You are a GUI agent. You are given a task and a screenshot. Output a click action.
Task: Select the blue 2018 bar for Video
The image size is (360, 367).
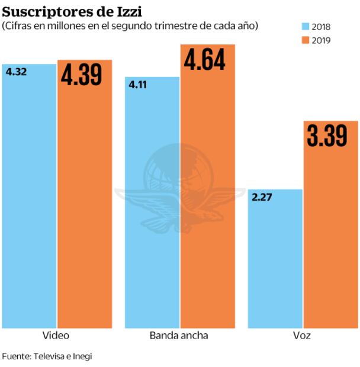pyautogui.click(x=28, y=201)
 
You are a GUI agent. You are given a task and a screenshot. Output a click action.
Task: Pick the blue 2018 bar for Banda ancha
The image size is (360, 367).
pyautogui.click(x=152, y=207)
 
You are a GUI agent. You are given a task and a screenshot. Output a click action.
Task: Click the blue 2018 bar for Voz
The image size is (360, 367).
pyautogui.click(x=275, y=260)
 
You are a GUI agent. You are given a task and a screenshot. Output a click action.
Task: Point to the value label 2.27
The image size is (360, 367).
pyautogui.click(x=262, y=197)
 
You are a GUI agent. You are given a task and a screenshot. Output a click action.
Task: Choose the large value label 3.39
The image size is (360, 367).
pyautogui.click(x=327, y=136)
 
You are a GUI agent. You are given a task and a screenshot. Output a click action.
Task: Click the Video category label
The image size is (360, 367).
pyautogui.click(x=56, y=336)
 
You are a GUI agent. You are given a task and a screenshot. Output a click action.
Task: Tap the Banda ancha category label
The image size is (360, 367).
pyautogui.click(x=179, y=336)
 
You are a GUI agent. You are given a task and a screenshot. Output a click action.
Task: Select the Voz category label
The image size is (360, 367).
pyautogui.click(x=301, y=336)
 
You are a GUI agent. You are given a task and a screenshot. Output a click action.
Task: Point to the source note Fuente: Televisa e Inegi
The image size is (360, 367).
pyautogui.click(x=47, y=356)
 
